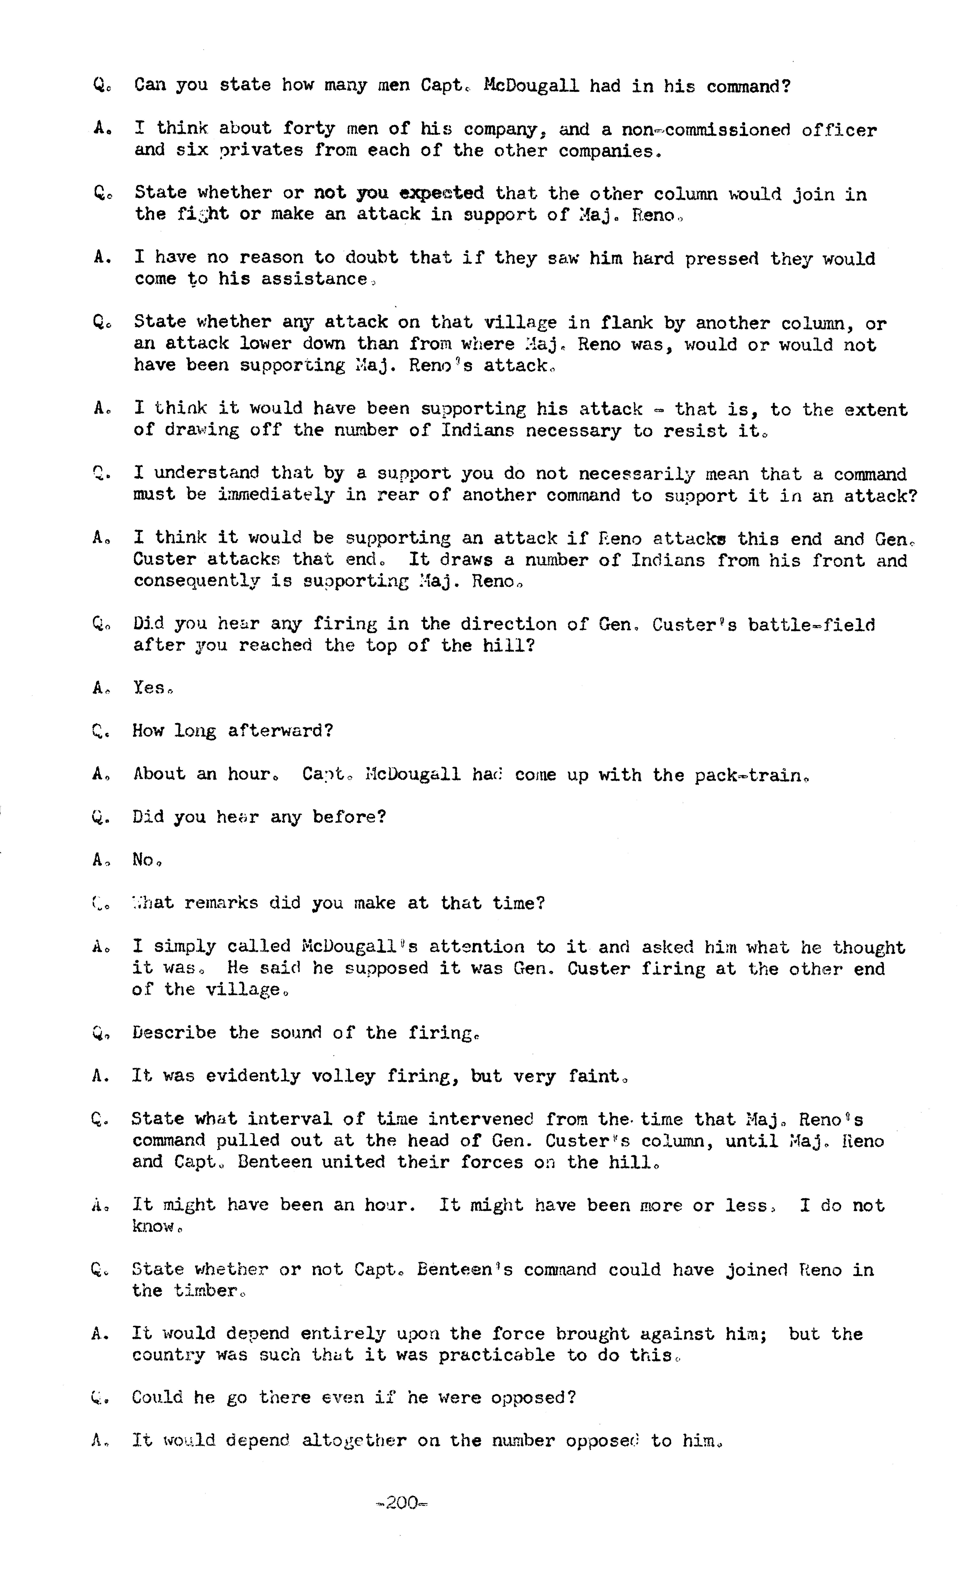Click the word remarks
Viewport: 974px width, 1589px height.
(221, 903)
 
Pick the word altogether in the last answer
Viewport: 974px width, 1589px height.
(354, 1441)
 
